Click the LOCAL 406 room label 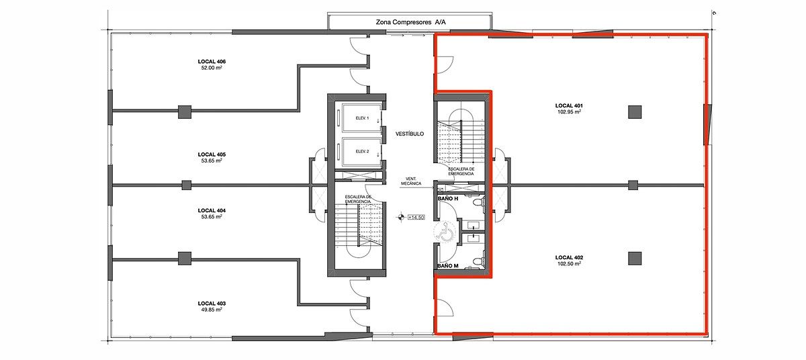[x=212, y=62]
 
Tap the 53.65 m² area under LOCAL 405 [x=212, y=161]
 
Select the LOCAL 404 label [x=212, y=210]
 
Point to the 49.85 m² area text [x=212, y=310]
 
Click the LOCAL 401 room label [x=569, y=105]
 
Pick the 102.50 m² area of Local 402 [x=569, y=263]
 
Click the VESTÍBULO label [x=410, y=134]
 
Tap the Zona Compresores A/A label [x=410, y=22]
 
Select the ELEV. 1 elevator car [x=361, y=118]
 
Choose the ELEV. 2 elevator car [x=361, y=151]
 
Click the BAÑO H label [x=447, y=199]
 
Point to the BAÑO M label [x=447, y=266]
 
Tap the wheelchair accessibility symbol [x=445, y=232]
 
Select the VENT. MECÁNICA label [x=411, y=181]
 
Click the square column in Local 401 [x=635, y=112]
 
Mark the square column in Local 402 [x=635, y=258]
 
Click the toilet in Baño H [x=478, y=202]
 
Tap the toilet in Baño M [x=478, y=262]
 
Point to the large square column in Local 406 [x=185, y=112]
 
